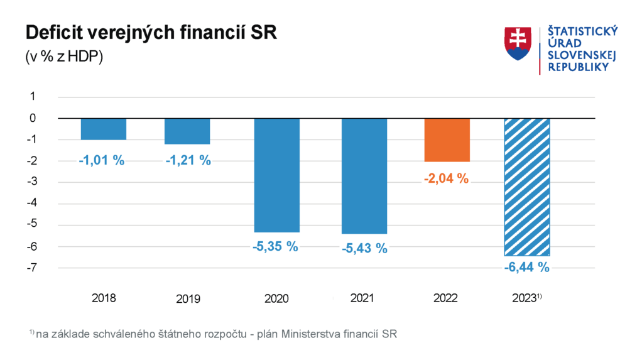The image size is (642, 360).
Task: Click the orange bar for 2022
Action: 447,139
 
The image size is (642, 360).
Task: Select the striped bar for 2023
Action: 526,187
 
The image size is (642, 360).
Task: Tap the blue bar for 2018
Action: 104,129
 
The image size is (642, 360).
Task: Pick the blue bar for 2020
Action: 276,175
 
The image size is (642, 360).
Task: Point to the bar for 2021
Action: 364,176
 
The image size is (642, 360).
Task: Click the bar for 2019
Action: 187,131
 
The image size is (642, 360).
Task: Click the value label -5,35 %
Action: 275,246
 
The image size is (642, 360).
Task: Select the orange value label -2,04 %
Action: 447,178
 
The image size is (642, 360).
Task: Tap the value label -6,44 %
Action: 526,268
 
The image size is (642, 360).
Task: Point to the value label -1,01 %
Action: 102,160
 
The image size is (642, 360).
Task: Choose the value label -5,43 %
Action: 364,248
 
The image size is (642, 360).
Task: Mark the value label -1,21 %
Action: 188,160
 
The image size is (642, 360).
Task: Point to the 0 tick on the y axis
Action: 33,118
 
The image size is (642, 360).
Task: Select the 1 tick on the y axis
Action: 33,97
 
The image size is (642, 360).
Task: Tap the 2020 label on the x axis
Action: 276,299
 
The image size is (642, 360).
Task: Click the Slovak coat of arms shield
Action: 518,43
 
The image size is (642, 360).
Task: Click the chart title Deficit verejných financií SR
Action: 150,33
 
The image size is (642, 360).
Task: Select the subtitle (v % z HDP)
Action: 64,56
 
